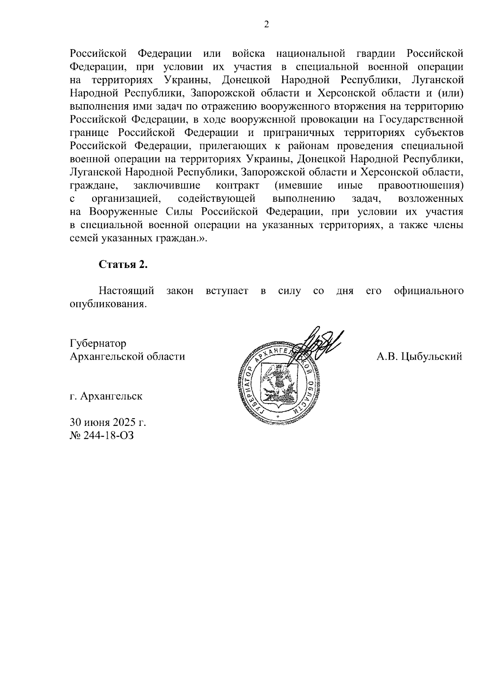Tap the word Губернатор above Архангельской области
(98, 343)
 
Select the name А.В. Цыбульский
(419, 356)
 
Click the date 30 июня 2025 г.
(108, 422)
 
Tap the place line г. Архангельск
(106, 396)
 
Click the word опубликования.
(108, 304)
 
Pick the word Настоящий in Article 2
(127, 291)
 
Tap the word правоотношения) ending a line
(421, 186)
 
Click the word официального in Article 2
(429, 291)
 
